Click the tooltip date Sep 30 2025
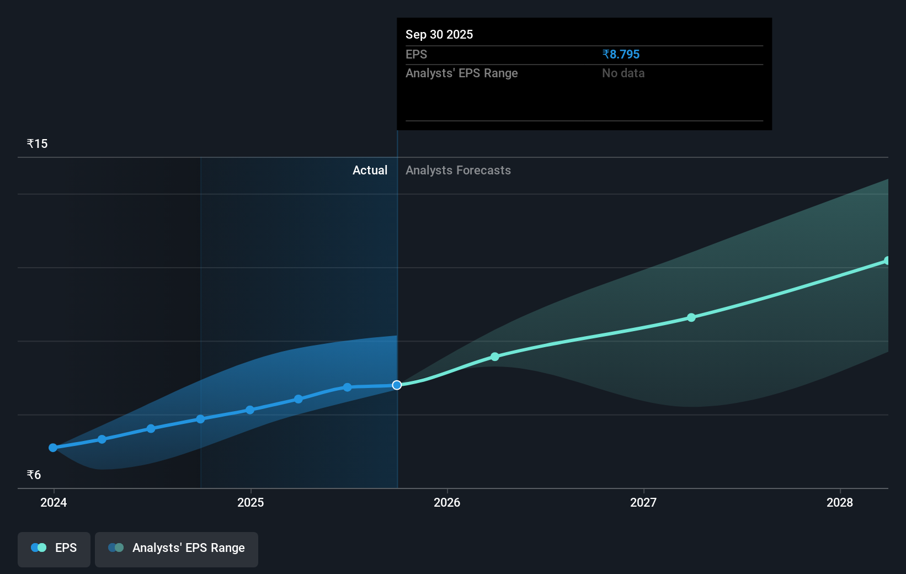[x=439, y=34]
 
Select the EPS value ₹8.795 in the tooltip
[x=621, y=54]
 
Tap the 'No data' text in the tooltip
[x=623, y=73]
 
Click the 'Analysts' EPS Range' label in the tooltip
[x=461, y=73]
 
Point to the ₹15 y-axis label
[x=37, y=143]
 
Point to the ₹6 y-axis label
[x=34, y=475]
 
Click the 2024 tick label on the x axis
[x=54, y=502]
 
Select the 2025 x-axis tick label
[x=251, y=502]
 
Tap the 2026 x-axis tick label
[x=447, y=502]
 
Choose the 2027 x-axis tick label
[x=643, y=502]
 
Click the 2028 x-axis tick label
[x=840, y=502]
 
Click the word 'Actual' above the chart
[x=370, y=170]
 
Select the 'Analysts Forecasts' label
[x=458, y=170]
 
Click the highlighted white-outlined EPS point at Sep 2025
[x=397, y=385]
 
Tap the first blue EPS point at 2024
[x=53, y=448]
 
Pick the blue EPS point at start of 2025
[x=250, y=410]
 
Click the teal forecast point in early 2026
[x=495, y=357]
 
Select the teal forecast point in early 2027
[x=691, y=317]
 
